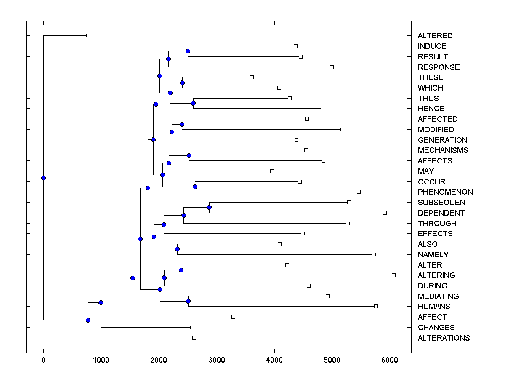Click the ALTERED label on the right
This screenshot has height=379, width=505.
click(x=435, y=36)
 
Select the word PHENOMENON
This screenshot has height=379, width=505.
click(x=445, y=192)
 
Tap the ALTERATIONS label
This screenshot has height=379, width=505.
click(x=444, y=338)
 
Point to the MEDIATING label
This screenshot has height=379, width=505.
click(x=438, y=296)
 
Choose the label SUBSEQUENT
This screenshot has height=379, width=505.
click(x=444, y=203)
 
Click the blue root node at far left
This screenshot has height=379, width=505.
click(x=43, y=178)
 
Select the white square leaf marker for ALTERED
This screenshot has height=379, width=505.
click(x=88, y=35)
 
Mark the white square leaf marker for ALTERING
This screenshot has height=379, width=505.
click(x=393, y=275)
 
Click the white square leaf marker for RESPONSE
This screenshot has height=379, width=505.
click(x=332, y=67)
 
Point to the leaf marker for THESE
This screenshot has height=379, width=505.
click(x=252, y=77)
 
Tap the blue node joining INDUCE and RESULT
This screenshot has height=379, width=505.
click(x=188, y=51)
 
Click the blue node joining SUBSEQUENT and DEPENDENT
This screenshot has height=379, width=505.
click(x=209, y=207)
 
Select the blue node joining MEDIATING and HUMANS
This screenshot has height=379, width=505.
click(x=188, y=301)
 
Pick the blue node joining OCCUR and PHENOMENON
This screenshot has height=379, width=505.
click(x=195, y=187)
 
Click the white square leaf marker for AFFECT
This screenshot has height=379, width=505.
click(x=233, y=317)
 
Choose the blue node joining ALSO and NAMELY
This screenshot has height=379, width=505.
click(x=177, y=249)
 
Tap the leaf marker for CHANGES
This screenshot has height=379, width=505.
click(x=192, y=327)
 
